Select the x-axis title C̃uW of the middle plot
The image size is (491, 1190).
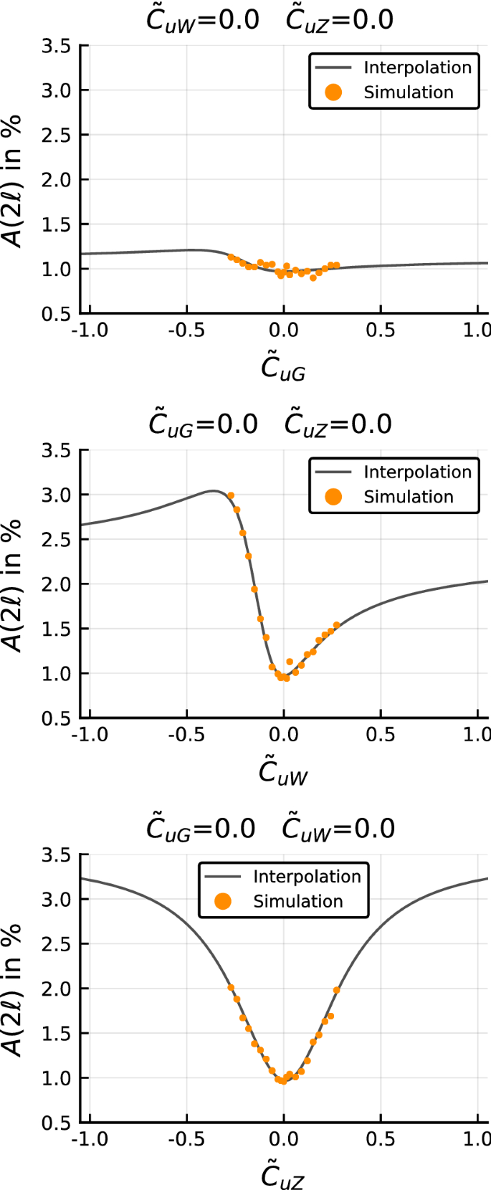(283, 773)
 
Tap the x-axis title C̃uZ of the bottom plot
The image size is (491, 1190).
(283, 1176)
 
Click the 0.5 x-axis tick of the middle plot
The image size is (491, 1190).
(380, 735)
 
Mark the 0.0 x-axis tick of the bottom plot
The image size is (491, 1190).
(283, 1139)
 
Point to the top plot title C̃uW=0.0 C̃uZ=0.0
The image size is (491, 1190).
(270, 19)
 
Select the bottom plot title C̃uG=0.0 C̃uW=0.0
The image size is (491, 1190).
(270, 829)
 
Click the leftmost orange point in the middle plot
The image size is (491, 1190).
(231, 495)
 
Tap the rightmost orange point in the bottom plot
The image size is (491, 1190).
(336, 990)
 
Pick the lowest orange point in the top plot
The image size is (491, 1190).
(313, 278)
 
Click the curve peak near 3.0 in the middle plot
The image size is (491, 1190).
(214, 491)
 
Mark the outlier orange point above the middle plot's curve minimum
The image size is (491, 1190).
(290, 662)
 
